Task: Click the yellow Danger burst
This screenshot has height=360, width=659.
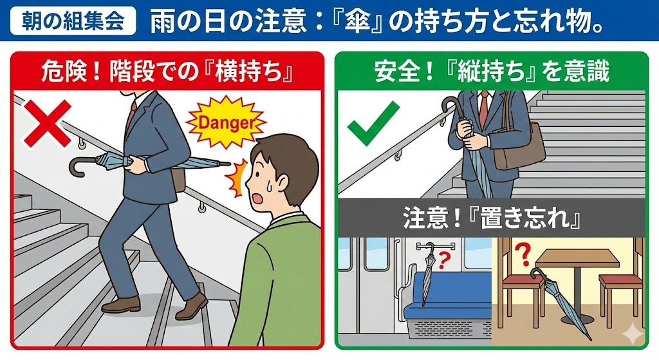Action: click(x=226, y=123)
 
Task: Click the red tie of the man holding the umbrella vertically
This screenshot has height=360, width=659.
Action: click(x=484, y=110)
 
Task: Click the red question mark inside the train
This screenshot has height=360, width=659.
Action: click(x=443, y=261)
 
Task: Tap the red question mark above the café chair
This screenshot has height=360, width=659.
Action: click(x=523, y=255)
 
